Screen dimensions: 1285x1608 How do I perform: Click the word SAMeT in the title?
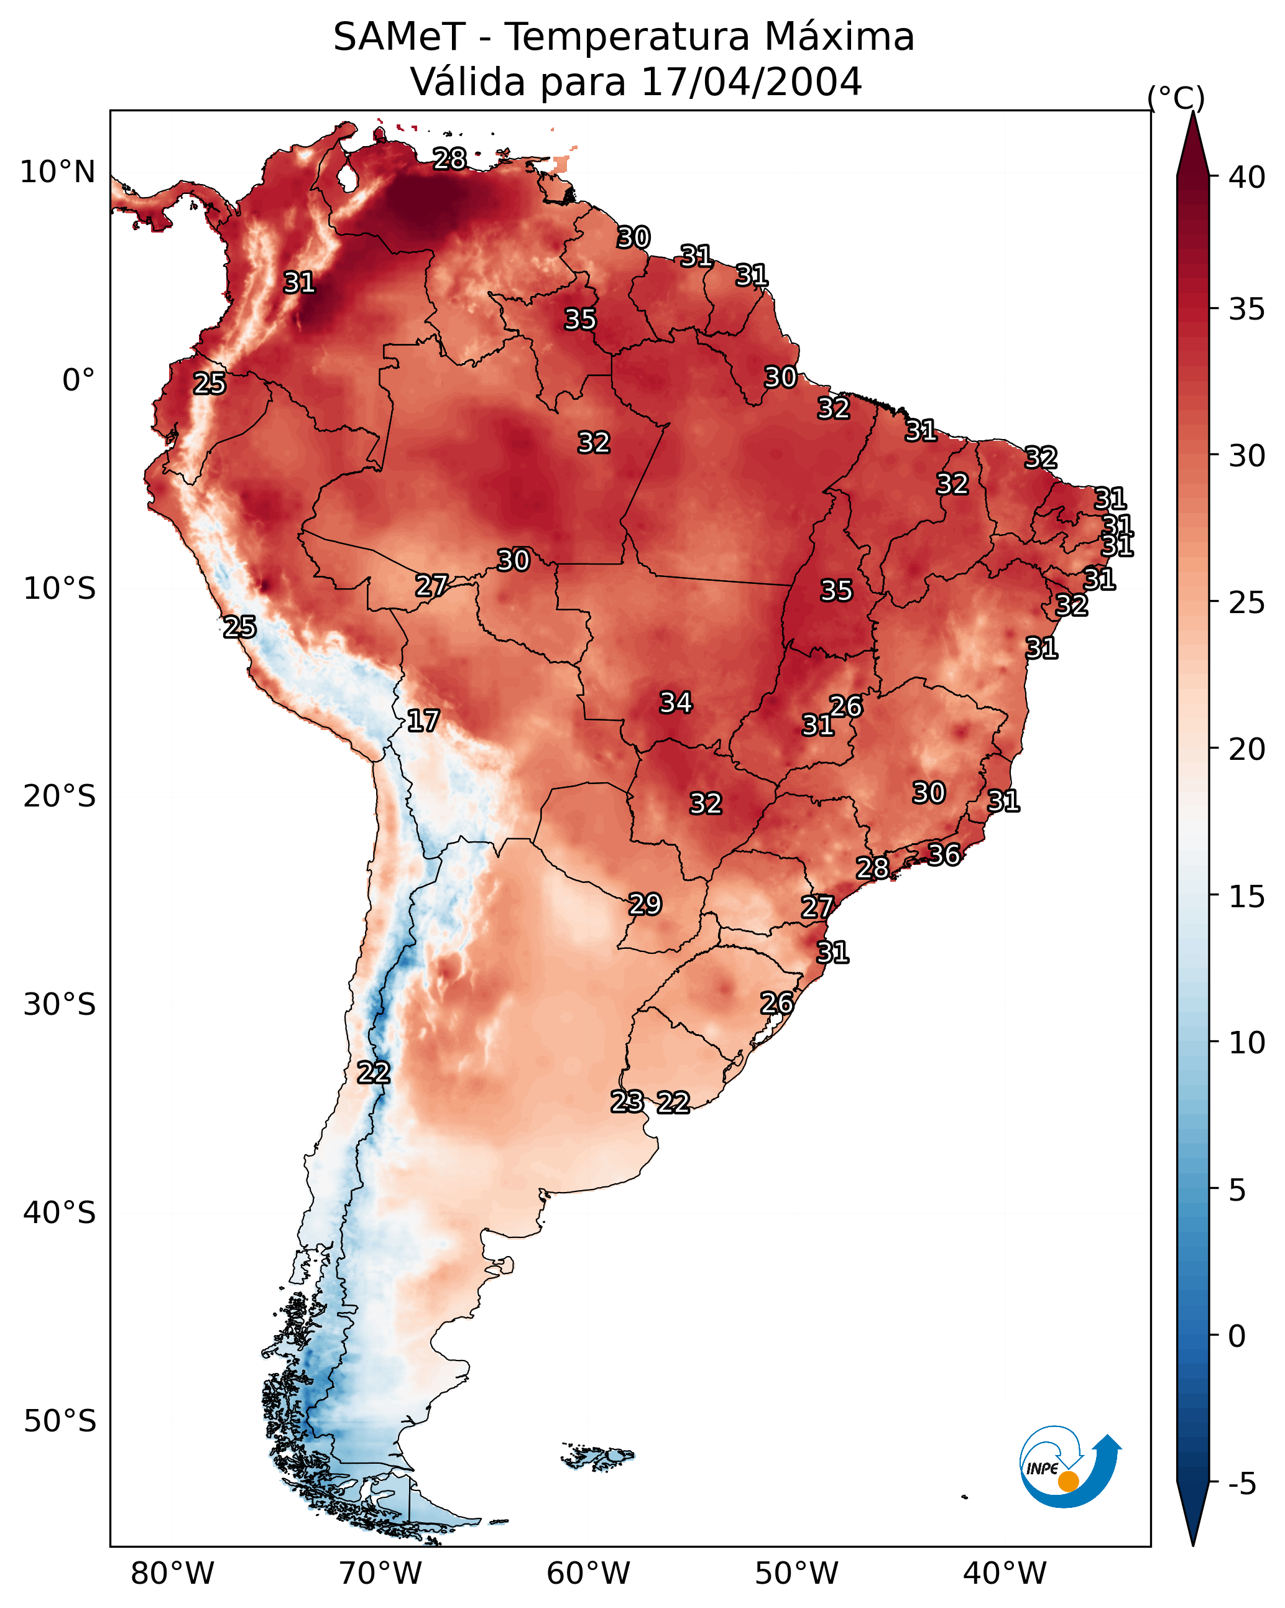(x=399, y=37)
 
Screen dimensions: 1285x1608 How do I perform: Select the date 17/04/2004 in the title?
(x=751, y=81)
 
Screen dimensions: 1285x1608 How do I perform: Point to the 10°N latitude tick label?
(x=57, y=172)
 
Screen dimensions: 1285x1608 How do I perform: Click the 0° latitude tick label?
(x=79, y=380)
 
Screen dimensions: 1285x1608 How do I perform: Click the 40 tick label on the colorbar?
(x=1247, y=177)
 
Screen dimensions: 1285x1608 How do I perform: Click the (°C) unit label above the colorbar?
(x=1176, y=98)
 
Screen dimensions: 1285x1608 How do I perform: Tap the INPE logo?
(x=1071, y=1466)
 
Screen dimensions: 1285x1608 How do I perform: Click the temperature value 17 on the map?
(x=423, y=721)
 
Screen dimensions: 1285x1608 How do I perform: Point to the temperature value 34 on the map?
(x=676, y=702)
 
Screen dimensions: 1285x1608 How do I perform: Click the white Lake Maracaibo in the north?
(x=347, y=177)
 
